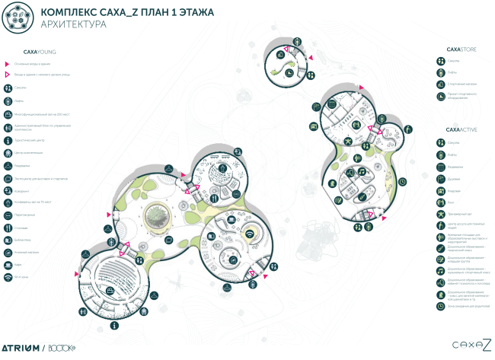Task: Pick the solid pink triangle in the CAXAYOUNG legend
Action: pyautogui.click(x=7, y=65)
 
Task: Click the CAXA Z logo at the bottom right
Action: pyautogui.click(x=469, y=345)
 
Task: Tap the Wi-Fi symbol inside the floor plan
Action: pyautogui.click(x=251, y=231)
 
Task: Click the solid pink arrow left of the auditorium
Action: pyautogui.click(x=76, y=273)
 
